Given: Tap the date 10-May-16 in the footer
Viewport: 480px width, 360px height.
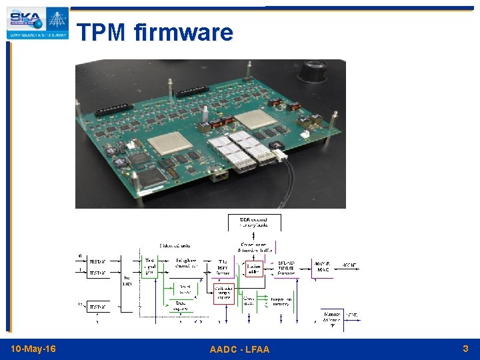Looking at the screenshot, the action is coord(33,349).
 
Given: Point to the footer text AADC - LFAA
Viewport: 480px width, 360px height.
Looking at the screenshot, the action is coord(239,349).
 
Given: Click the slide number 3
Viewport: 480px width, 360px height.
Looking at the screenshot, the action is coord(465,349).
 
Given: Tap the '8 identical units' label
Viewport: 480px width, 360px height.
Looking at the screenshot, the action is coord(177,246).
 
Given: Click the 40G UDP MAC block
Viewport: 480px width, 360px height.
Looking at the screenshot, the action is coord(323,267).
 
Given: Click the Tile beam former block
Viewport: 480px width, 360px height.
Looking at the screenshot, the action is coord(223,267).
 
